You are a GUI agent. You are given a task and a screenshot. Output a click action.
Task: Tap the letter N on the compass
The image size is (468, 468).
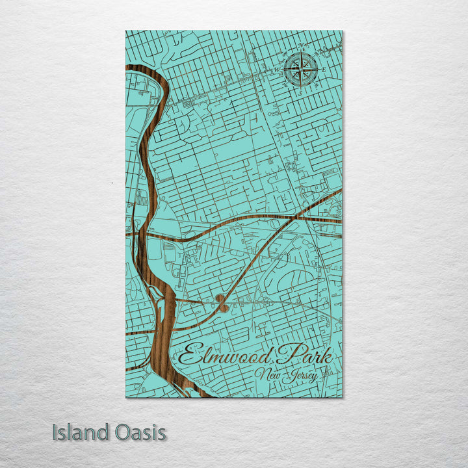point(302,45)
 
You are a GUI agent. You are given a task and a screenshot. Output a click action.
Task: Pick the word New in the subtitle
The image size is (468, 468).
point(266,374)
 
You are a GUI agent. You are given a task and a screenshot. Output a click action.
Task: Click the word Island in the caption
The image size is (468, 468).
point(79,432)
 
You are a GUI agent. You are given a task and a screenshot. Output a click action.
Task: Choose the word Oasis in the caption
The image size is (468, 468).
point(137,432)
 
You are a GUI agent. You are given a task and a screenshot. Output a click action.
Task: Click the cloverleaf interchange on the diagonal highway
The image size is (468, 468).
point(222,303)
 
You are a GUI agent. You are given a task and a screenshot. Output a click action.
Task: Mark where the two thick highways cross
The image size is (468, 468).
point(283,218)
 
